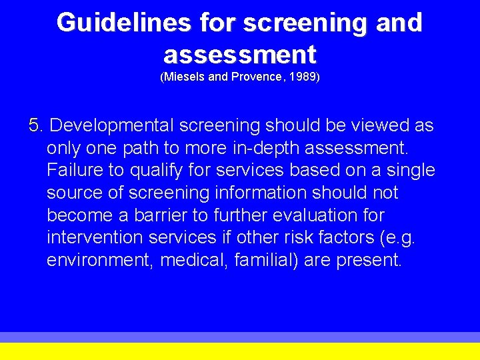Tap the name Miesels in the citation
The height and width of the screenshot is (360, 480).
tap(184, 77)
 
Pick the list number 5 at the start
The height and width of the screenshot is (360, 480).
tap(35, 125)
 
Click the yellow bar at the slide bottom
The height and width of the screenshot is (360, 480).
tap(240, 351)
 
